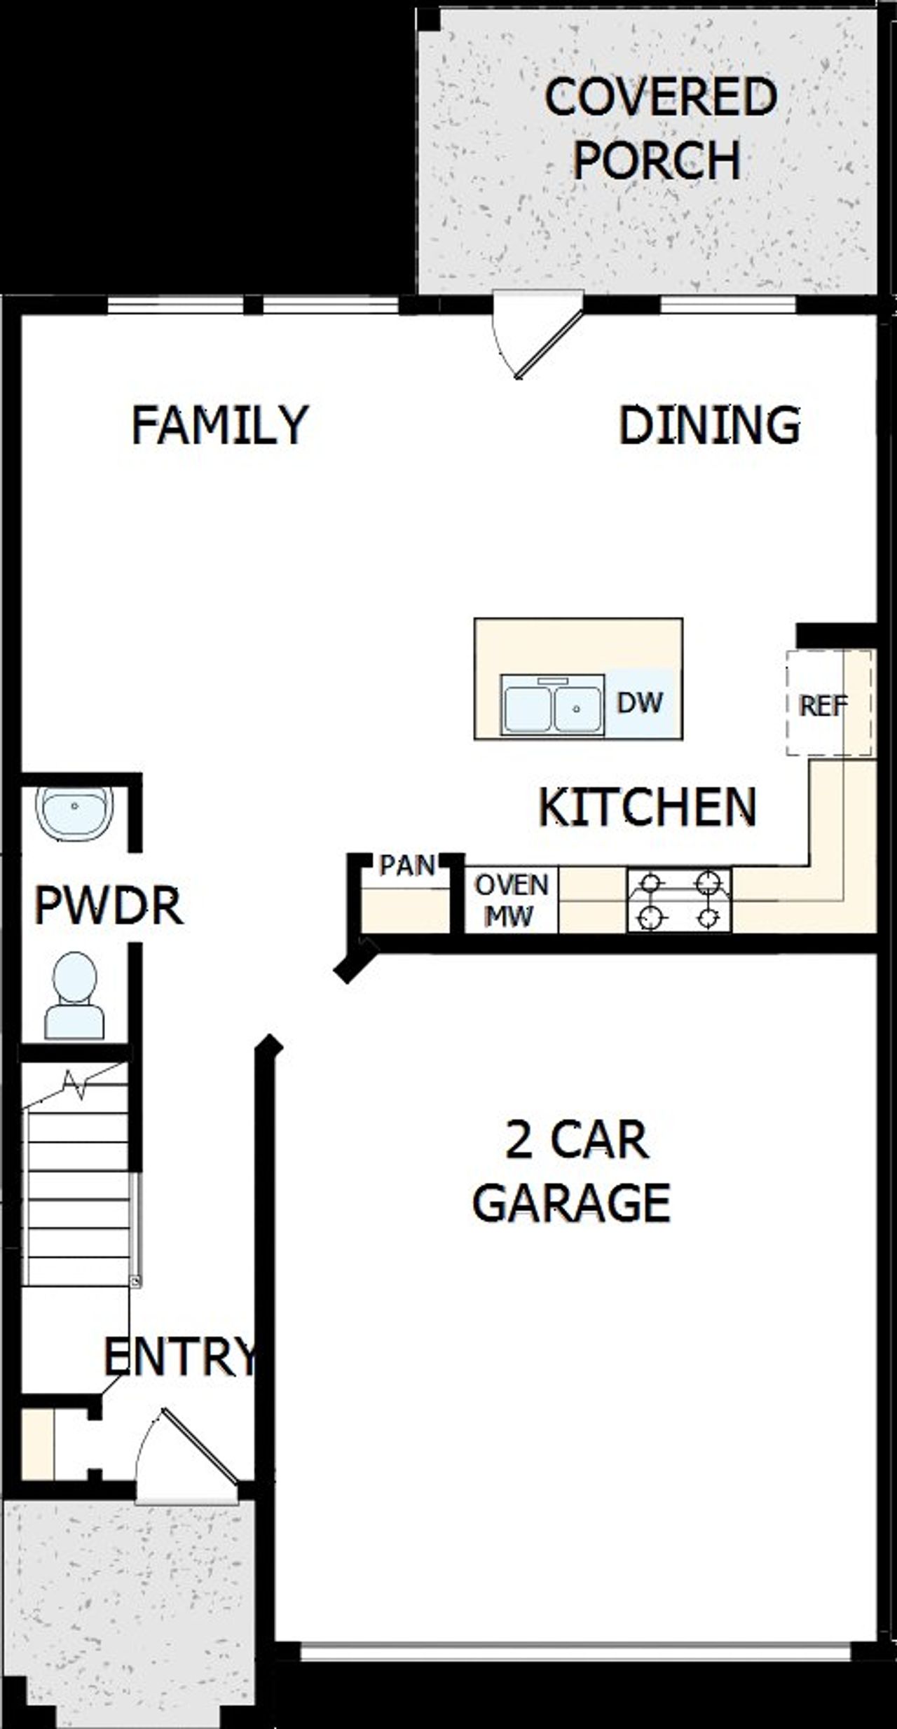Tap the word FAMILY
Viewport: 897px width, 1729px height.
coord(219,425)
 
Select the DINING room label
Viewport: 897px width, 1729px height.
coord(709,425)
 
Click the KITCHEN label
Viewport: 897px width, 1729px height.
coord(647,807)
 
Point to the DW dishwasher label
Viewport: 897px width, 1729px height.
coord(639,702)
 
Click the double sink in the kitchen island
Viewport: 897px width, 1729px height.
coord(552,704)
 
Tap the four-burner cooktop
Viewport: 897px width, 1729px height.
coord(678,900)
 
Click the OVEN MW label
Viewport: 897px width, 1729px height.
coord(512,900)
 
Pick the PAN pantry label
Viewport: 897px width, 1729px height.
coord(406,866)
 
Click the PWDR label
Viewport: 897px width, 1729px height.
coord(109,905)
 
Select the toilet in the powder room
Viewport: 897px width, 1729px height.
coord(74,994)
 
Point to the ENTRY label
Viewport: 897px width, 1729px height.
coord(180,1356)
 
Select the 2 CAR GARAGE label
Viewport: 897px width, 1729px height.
coord(573,1172)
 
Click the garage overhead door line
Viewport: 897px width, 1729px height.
coord(576,1651)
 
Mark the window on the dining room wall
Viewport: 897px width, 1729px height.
coord(729,305)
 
